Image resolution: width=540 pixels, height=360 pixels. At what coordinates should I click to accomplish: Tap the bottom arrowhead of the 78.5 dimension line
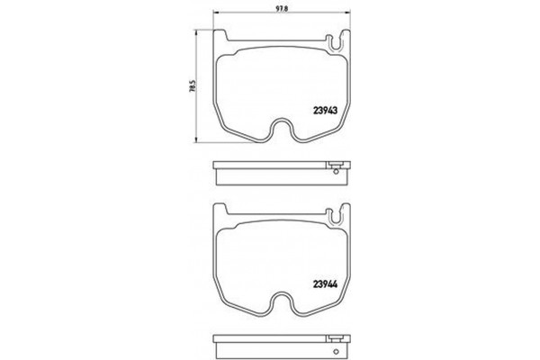tap(198, 140)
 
